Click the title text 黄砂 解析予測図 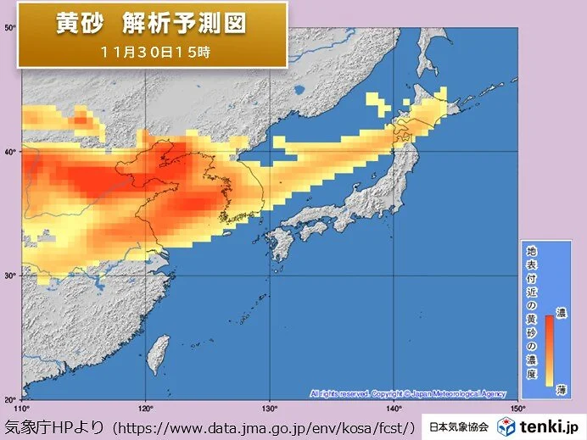pos(151,23)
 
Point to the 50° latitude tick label pos(11,28)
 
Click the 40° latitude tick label pos(11,152)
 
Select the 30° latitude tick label pos(11,276)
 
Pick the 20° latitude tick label pos(11,398)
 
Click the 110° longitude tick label pos(23,408)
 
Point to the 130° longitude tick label pos(270,408)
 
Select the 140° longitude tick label pos(394,408)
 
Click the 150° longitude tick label pos(517,408)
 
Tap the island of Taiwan pos(154,354)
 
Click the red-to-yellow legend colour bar pos(548,349)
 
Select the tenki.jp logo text pos(551,426)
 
